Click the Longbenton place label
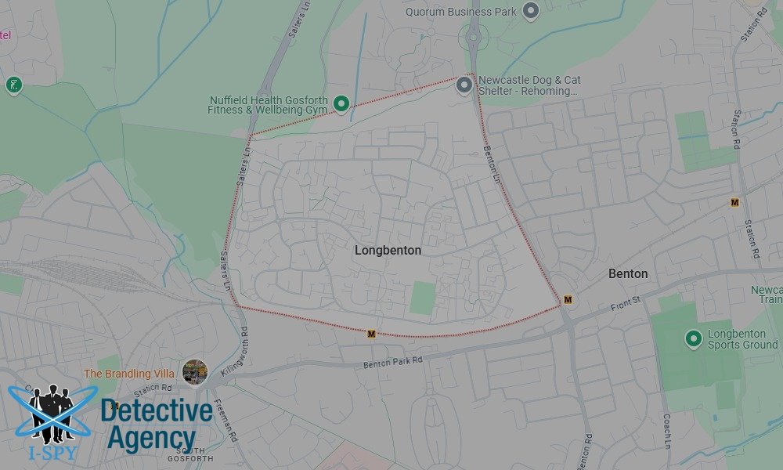coord(388,251)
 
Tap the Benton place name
coord(628,273)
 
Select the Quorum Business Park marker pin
coord(531,11)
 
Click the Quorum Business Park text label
coord(461,12)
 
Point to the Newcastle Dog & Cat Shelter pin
coord(464,85)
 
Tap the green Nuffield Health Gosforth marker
coord(341,103)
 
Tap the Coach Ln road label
coord(667,431)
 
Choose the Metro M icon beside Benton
coord(568,299)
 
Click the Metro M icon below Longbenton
coord(371,334)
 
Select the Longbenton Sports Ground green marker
coord(692,338)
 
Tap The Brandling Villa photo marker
coord(194,371)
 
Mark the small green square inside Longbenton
coord(422,298)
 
